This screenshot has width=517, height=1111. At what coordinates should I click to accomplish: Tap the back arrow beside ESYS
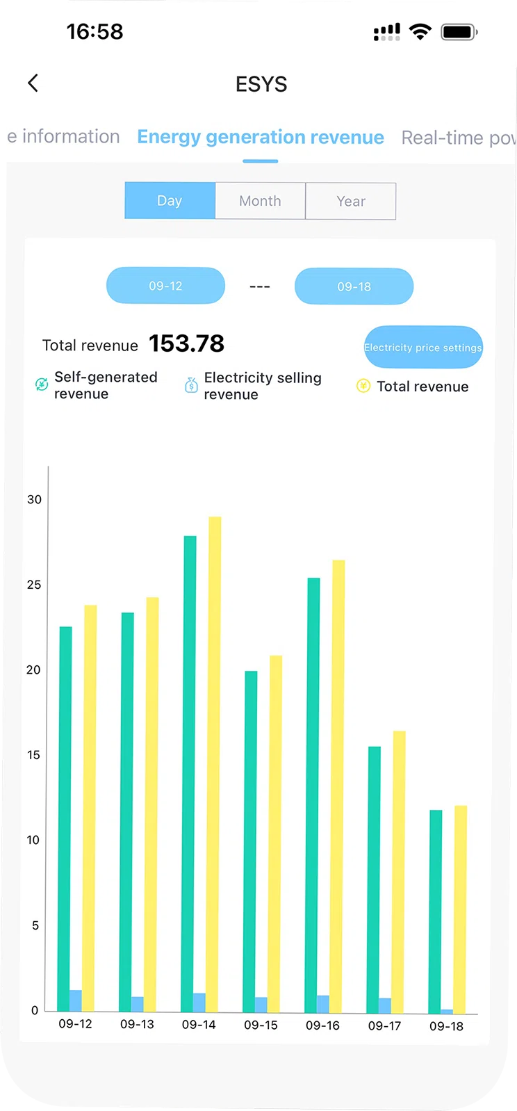pos(33,83)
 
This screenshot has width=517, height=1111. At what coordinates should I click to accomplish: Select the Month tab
pos(260,201)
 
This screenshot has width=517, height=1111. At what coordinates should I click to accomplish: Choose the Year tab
pos(351,202)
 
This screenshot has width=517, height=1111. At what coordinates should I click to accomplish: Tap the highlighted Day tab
pos(170,201)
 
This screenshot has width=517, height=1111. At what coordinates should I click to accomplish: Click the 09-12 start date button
pos(165,286)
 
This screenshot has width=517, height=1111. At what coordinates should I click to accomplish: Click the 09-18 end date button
pos(354,286)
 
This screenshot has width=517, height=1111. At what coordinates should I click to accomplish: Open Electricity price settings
pos(422,347)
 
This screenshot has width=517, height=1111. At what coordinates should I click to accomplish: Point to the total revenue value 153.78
pos(186,343)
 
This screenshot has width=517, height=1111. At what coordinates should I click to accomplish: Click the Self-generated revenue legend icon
pos(42,384)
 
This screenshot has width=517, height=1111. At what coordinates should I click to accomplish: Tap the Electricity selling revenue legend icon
pos(191,385)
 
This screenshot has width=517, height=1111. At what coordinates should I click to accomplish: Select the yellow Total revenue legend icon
pos(363,386)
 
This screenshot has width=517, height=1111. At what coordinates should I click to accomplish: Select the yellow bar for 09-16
pos(338,786)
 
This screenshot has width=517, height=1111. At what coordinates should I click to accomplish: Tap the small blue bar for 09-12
pos(76,1000)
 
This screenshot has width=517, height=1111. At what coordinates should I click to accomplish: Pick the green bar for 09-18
pos(436,911)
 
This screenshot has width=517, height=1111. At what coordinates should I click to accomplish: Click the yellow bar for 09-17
pos(399,869)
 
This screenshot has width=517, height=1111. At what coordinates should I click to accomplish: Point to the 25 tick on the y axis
pos(34,585)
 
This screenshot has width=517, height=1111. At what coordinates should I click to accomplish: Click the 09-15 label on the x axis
pos(261,1025)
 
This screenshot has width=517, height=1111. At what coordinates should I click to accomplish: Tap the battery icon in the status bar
pos(459,32)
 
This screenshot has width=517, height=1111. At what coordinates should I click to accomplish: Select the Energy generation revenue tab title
pos(261,137)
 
